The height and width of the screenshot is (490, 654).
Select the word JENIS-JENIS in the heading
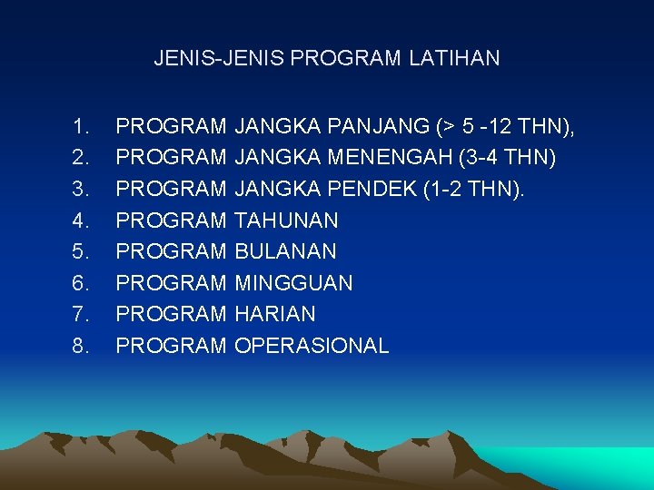[x=218, y=59]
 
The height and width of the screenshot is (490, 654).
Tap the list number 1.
[x=81, y=126]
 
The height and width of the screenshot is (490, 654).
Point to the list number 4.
[x=81, y=220]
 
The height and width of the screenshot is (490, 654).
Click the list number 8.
[x=81, y=346]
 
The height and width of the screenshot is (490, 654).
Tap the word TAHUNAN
[x=286, y=220]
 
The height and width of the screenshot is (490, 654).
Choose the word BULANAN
[x=285, y=251]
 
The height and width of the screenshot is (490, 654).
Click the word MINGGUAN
[x=293, y=283]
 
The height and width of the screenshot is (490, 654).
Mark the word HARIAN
[x=275, y=314]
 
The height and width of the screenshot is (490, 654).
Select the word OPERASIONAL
[x=312, y=346]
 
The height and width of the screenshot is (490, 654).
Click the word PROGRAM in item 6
[x=172, y=283]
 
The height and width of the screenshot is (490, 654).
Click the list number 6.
[x=81, y=283]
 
